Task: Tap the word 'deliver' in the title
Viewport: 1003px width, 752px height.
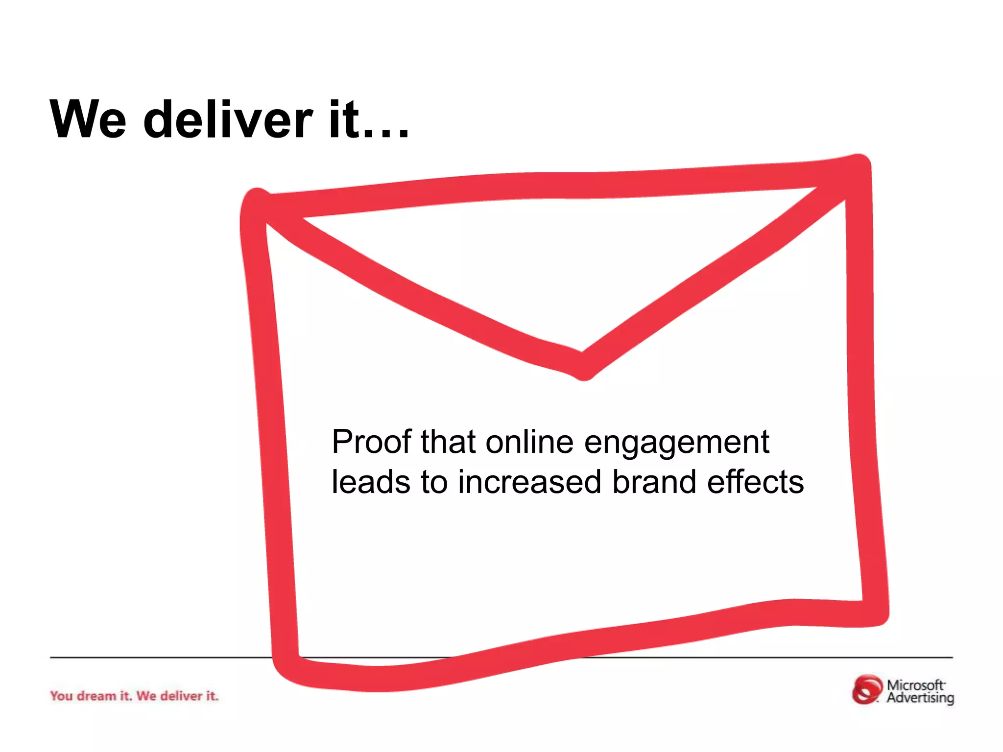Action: click(228, 119)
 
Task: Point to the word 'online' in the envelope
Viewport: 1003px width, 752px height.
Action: click(529, 442)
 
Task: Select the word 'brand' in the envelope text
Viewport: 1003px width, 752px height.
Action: click(654, 482)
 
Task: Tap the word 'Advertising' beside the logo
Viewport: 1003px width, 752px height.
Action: click(920, 698)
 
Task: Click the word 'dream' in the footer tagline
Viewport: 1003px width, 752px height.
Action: click(96, 696)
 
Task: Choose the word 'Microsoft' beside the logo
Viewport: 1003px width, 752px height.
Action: click(915, 685)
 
